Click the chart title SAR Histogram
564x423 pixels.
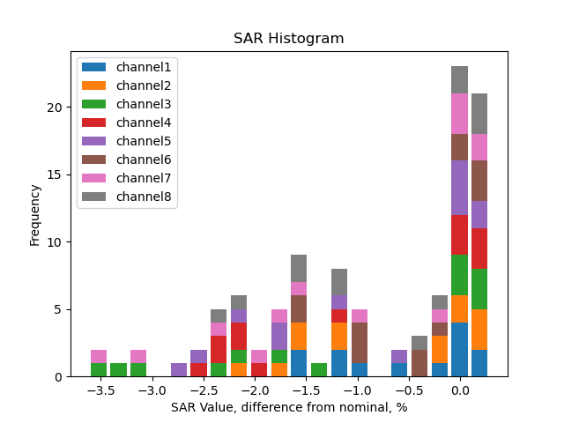[288, 39]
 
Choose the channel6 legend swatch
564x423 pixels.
[94, 160]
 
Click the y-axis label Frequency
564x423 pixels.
[35, 214]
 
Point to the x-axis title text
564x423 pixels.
[288, 407]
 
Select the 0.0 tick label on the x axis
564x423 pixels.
[459, 390]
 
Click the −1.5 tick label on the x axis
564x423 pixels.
[305, 390]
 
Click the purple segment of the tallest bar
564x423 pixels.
[459, 188]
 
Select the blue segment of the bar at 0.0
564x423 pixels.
[459, 350]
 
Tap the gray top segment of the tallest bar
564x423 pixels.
[459, 80]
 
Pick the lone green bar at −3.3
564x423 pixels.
[119, 370]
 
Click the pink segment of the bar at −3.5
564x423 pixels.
[99, 357]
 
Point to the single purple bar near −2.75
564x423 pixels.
[179, 370]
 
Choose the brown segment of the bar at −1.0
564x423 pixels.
[360, 343]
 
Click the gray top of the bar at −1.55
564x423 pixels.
[299, 269]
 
